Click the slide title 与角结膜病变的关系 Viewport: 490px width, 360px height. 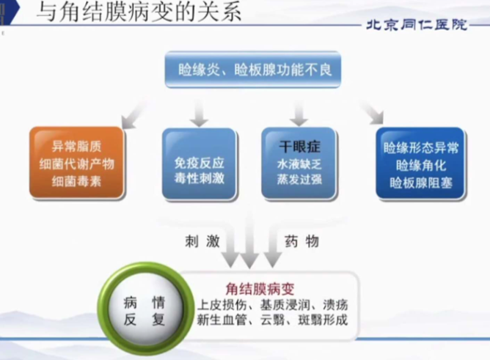click(139, 12)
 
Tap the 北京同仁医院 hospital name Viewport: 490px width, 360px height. click(417, 25)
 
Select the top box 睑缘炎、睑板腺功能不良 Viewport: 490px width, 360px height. click(253, 70)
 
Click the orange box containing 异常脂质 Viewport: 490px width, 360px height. click(77, 162)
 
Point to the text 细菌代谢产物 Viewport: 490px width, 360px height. click(77, 164)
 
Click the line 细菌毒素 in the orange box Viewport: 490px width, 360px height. click(76, 181)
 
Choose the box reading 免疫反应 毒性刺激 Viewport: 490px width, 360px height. click(199, 164)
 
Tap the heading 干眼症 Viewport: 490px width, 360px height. click(299, 147)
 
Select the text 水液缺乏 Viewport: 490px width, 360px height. click(299, 164)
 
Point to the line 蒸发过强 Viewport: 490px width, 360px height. click(299, 180)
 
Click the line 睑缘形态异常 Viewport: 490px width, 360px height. click(420, 148)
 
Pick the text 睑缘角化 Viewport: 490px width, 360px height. click(420, 166)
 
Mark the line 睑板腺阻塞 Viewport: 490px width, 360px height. click(420, 183)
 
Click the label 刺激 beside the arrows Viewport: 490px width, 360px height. click(202, 241)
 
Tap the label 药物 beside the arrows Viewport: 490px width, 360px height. click(301, 241)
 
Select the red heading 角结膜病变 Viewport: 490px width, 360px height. click(260, 289)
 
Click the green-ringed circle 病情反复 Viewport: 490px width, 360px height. click(145, 310)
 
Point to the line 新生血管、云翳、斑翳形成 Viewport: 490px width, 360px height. click(272, 320)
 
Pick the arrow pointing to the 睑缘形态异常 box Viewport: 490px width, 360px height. click(372, 112)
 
